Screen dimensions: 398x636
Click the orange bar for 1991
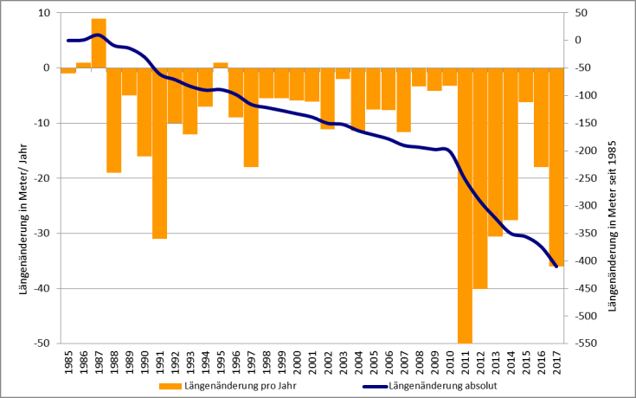pyautogui.click(x=159, y=152)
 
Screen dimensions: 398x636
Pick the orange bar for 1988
pyautogui.click(x=113, y=120)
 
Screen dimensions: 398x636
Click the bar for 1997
pyautogui.click(x=251, y=117)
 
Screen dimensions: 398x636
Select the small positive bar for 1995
pyautogui.click(x=221, y=65)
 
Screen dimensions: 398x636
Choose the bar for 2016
pyautogui.click(x=541, y=117)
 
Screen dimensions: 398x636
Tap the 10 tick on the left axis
pyautogui.click(x=43, y=13)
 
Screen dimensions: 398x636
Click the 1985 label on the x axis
pyautogui.click(x=68, y=361)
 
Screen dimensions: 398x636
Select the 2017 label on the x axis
pyautogui.click(x=556, y=361)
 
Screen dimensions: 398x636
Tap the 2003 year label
pyautogui.click(x=343, y=361)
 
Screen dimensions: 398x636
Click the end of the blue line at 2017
pyautogui.click(x=556, y=266)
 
